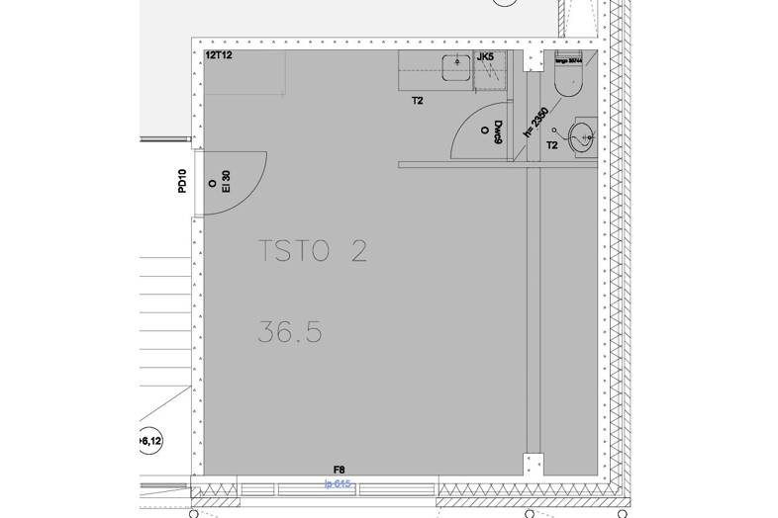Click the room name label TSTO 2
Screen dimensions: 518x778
pos(312,251)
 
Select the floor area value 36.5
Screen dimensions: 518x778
pos(290,332)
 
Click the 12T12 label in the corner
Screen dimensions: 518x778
pos(218,57)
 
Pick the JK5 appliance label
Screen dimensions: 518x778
pos(485,57)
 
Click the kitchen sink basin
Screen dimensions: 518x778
pos(457,66)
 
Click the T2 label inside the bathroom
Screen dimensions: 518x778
pos(552,145)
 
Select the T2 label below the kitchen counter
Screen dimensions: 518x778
pos(418,100)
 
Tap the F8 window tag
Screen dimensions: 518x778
pos(339,470)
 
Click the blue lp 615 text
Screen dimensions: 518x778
pos(338,483)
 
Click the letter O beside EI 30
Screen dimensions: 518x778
pos(213,183)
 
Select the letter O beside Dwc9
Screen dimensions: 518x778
pos(484,130)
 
